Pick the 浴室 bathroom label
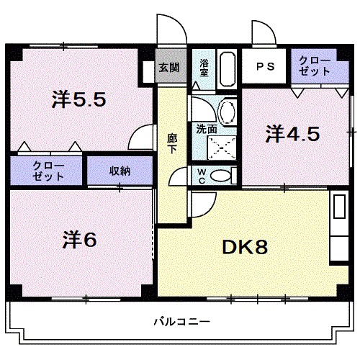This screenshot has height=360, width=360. pyautogui.click(x=204, y=68)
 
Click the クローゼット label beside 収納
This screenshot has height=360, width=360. pyautogui.click(x=48, y=171)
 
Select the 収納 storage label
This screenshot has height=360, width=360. pyautogui.click(x=120, y=171)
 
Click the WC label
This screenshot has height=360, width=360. pyautogui.click(x=202, y=176)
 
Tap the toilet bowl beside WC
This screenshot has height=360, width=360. pyautogui.click(x=222, y=175)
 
